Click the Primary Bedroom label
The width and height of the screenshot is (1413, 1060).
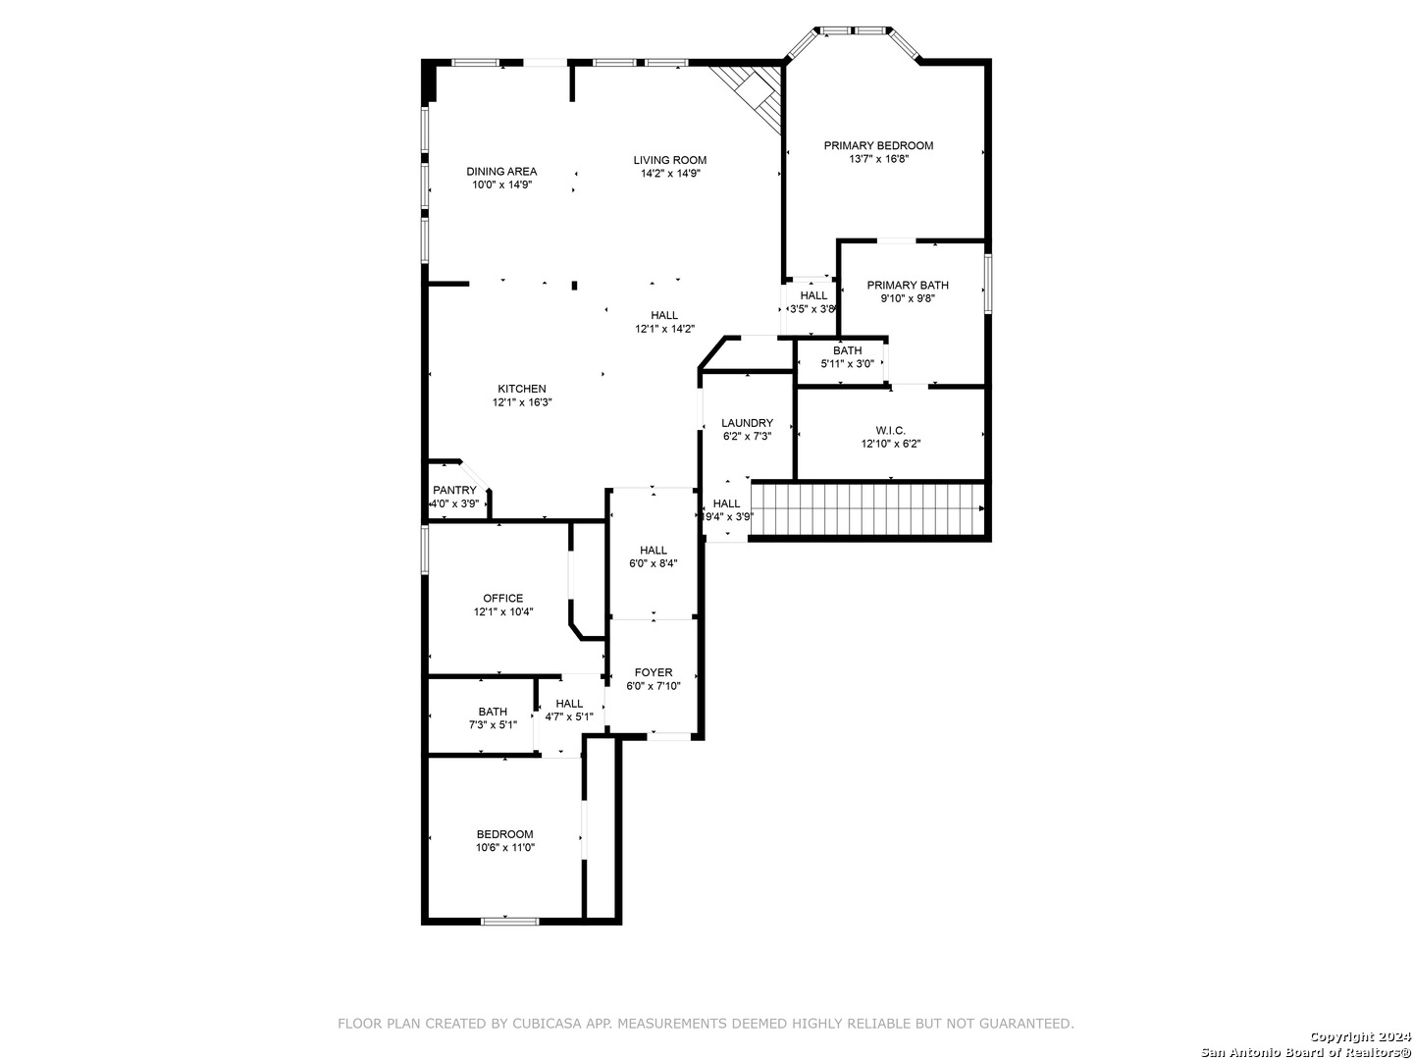[x=878, y=146]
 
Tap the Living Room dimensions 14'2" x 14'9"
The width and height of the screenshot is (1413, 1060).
[x=669, y=174]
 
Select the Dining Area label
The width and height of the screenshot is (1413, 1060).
[x=501, y=171]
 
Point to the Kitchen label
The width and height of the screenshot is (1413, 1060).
[x=521, y=389]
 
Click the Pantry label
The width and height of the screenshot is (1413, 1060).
[x=454, y=491]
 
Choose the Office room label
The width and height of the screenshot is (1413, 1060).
[x=502, y=599]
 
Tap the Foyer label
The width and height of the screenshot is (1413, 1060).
[x=654, y=672]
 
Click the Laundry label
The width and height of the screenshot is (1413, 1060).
[x=747, y=423]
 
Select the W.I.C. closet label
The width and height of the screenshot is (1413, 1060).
[x=890, y=430]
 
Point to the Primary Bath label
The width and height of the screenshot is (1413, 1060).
[x=907, y=285]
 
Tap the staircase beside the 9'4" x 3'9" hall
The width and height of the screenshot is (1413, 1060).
[x=867, y=508]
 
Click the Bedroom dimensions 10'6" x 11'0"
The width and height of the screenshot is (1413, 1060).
[x=505, y=848]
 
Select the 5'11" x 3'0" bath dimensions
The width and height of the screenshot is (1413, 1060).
[x=847, y=363]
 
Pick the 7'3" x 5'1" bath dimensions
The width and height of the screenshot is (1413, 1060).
[x=493, y=724]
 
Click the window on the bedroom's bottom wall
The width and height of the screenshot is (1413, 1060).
[x=510, y=921]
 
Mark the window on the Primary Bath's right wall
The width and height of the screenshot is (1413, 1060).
[x=987, y=284]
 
